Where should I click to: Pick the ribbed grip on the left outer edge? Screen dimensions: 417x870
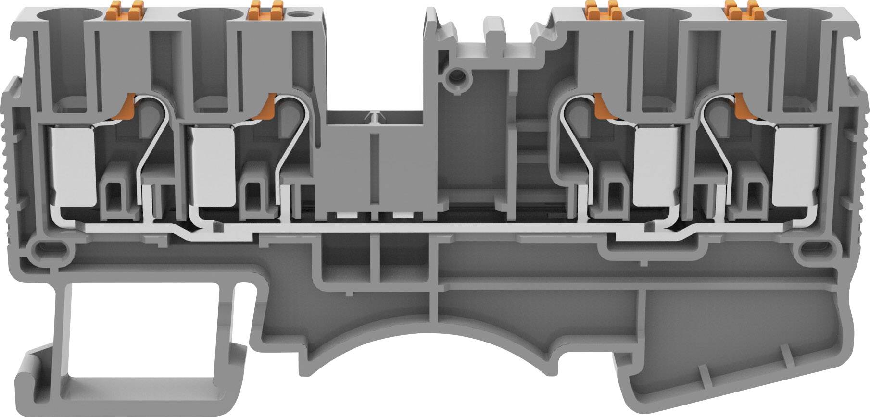point(12,159)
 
